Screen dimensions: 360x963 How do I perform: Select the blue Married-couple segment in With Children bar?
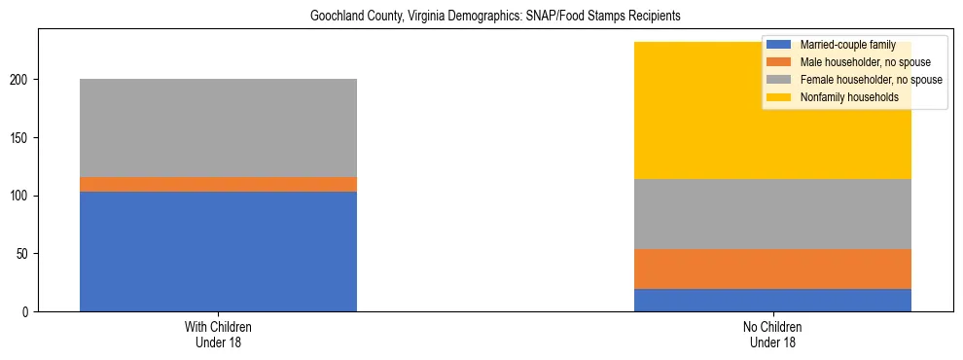(218, 251)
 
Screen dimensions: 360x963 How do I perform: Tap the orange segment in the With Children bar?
(218, 184)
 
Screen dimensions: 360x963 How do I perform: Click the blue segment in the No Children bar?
(772, 301)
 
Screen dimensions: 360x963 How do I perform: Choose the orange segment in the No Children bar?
(772, 270)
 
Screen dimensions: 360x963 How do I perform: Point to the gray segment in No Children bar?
(772, 214)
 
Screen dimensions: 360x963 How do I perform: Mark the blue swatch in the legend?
(780, 45)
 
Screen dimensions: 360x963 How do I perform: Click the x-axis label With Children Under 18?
(218, 335)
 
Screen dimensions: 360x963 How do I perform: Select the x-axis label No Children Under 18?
(772, 335)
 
